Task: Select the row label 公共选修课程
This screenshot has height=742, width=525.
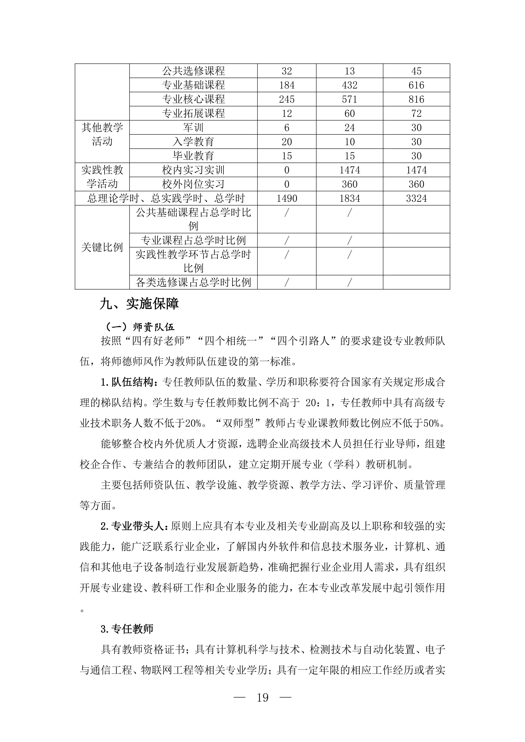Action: click(193, 71)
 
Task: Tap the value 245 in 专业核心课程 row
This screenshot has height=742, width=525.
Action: click(287, 99)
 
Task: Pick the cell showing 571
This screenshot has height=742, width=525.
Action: click(349, 99)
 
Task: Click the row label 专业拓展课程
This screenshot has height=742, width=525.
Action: click(193, 113)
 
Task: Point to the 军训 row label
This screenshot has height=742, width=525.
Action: click(193, 128)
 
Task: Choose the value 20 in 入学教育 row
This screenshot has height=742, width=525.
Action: click(287, 142)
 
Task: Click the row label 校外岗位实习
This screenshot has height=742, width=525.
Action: click(193, 184)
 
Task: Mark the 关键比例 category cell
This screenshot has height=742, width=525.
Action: click(102, 247)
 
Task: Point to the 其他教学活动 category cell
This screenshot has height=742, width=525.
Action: click(102, 135)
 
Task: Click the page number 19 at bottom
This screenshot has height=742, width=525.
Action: click(263, 698)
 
